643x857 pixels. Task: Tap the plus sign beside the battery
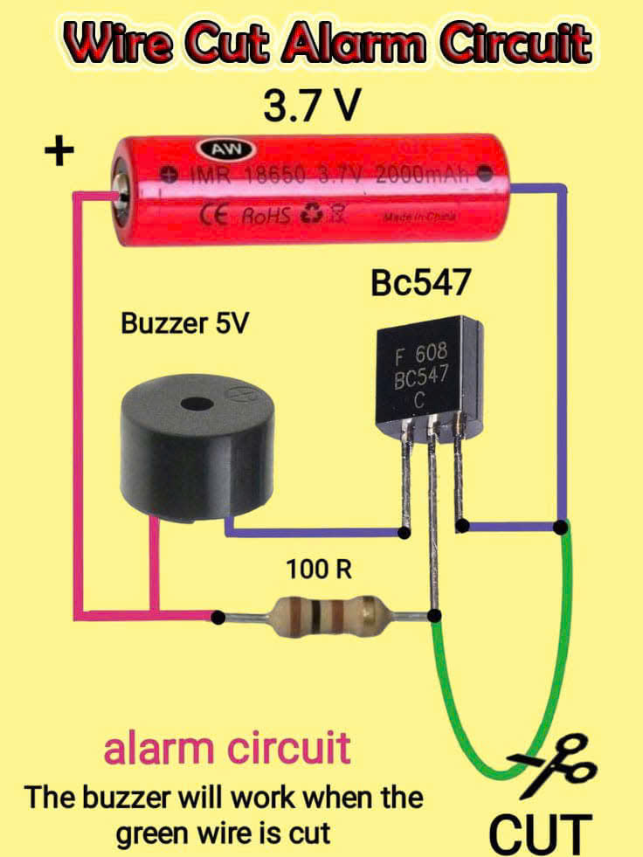(x=59, y=154)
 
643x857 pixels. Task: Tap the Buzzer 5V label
(x=184, y=324)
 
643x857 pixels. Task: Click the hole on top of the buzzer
(x=188, y=405)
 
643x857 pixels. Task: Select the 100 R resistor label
(x=319, y=570)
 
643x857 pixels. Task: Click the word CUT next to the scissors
(x=540, y=833)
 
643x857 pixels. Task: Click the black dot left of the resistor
(x=217, y=618)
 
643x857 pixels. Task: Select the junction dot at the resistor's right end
(x=434, y=617)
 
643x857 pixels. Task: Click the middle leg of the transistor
(x=432, y=507)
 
